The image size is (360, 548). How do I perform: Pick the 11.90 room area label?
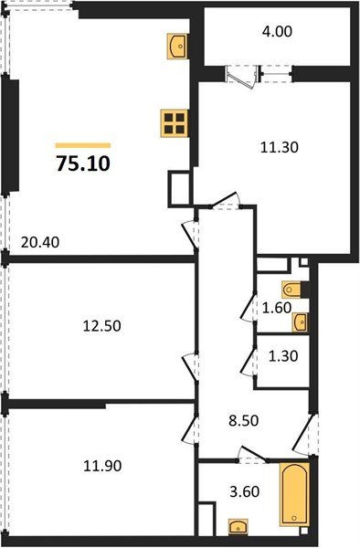101,465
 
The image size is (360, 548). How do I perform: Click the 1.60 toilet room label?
276,308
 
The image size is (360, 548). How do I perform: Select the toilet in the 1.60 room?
291,290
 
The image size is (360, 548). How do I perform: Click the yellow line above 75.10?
83,145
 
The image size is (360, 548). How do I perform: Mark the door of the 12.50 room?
191,368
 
